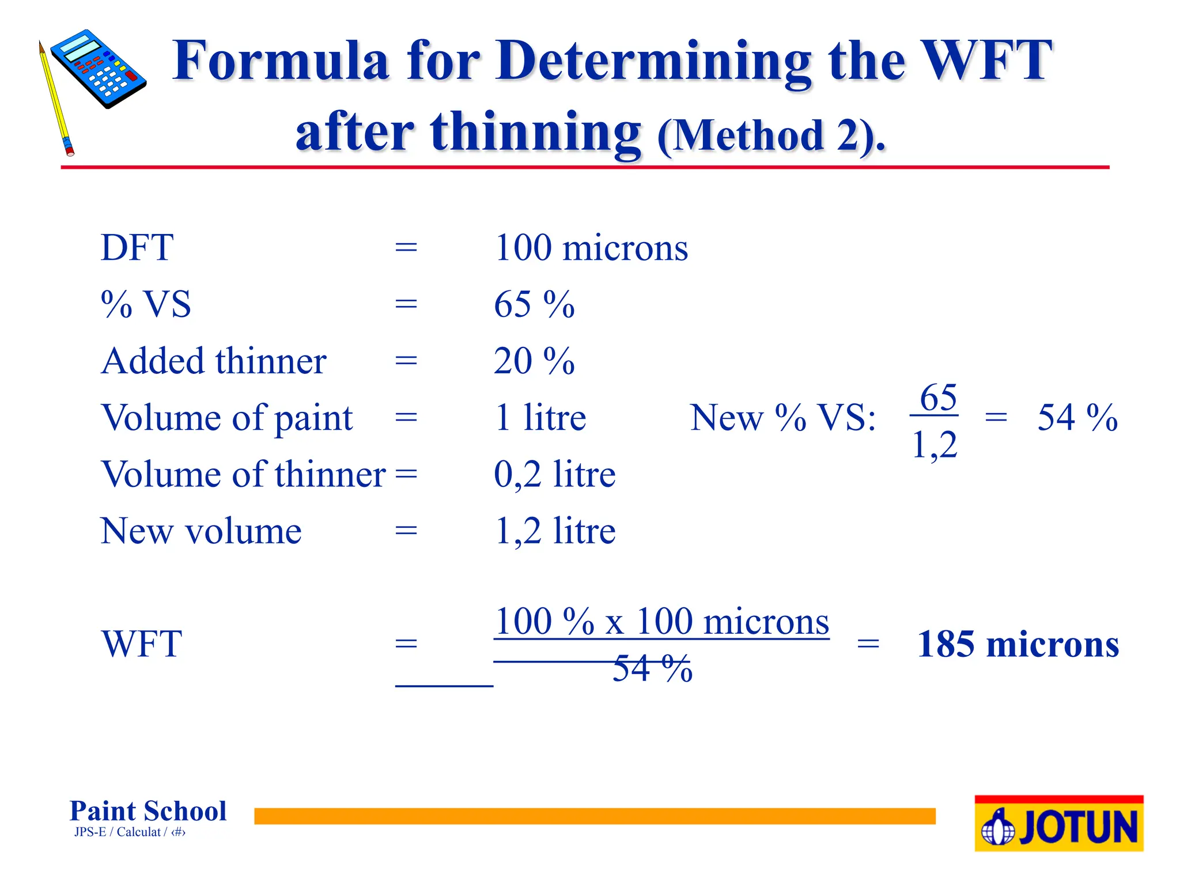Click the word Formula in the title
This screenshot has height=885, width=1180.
coord(281,60)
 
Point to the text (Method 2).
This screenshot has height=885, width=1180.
coord(771,136)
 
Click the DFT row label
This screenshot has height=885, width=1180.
coord(137,248)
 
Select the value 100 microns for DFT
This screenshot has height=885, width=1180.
coord(591,248)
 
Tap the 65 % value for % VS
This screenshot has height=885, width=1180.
coord(534,304)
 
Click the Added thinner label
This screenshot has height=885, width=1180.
coord(214,361)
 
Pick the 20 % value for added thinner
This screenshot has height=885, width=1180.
coord(534,361)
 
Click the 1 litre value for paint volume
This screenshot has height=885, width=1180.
coord(540,418)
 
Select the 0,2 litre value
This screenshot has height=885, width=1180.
coord(554,474)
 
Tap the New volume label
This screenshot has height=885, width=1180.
coord(201,531)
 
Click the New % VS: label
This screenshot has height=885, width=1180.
coord(783,418)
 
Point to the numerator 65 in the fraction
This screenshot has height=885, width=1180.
coord(937,398)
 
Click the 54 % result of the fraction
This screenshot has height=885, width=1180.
coord(1077,418)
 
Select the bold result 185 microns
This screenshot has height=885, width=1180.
coord(1018,644)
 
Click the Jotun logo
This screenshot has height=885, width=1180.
coord(1058,824)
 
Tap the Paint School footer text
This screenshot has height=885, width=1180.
coord(148,811)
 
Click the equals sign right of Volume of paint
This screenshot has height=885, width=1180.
coord(406,418)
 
